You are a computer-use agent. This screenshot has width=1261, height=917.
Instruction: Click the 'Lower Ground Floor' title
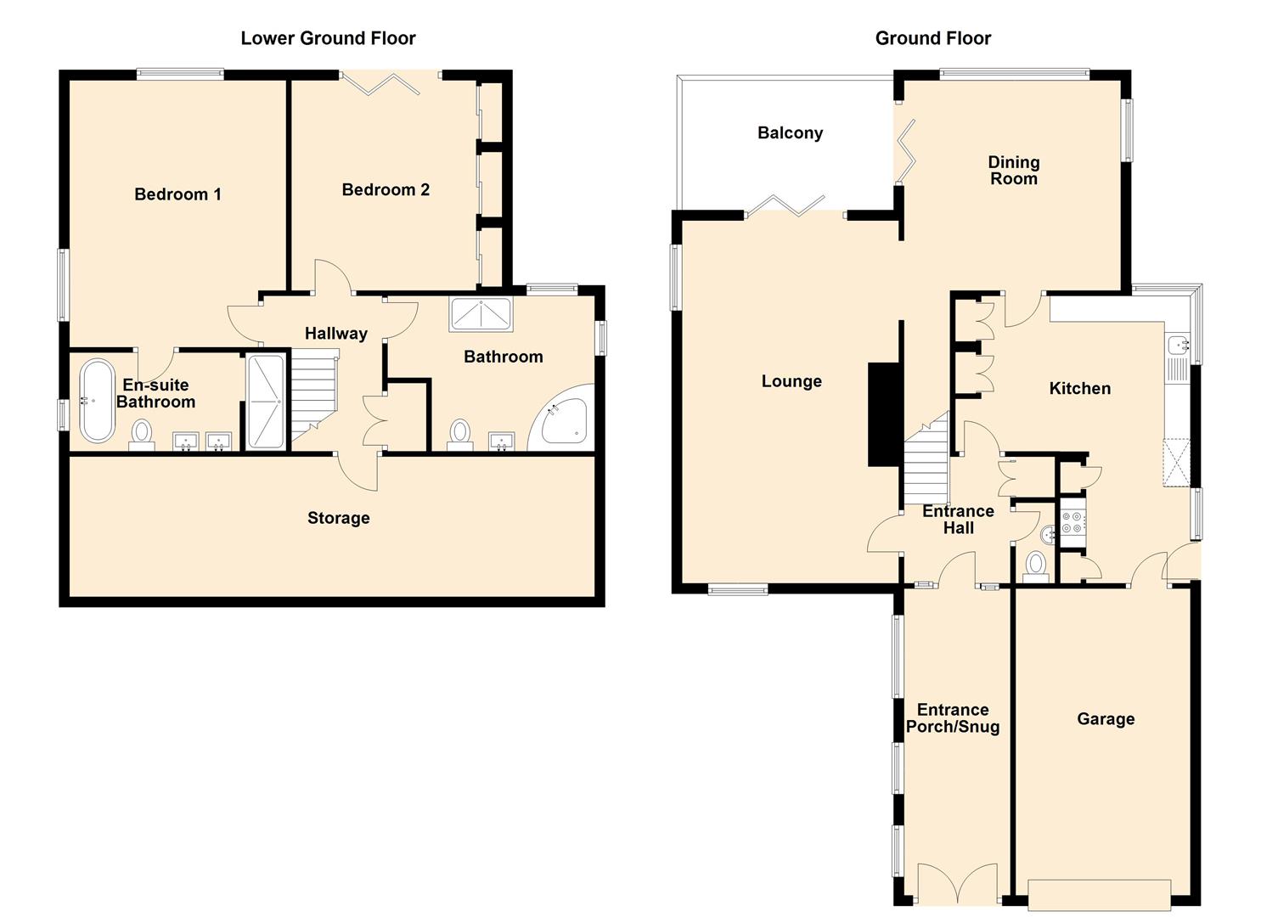point(328,38)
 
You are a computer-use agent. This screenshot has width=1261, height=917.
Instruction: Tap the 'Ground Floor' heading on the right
point(933,38)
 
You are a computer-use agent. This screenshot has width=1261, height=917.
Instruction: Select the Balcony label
point(790,132)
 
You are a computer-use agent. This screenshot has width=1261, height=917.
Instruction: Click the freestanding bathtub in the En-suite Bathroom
point(98,400)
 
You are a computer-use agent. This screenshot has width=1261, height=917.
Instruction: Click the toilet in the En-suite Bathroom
point(142,436)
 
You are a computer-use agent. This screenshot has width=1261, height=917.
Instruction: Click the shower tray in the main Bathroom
point(481,314)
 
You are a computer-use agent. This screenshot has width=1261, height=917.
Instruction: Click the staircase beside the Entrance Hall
point(926,458)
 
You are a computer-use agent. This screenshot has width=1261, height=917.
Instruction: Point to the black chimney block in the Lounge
point(883,414)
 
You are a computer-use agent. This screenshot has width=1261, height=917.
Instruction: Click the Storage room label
point(338,518)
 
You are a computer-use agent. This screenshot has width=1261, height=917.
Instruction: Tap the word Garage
point(1106,719)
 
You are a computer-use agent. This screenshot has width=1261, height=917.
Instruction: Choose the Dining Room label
point(1014,170)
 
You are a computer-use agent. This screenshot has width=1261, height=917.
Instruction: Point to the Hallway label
point(336,333)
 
